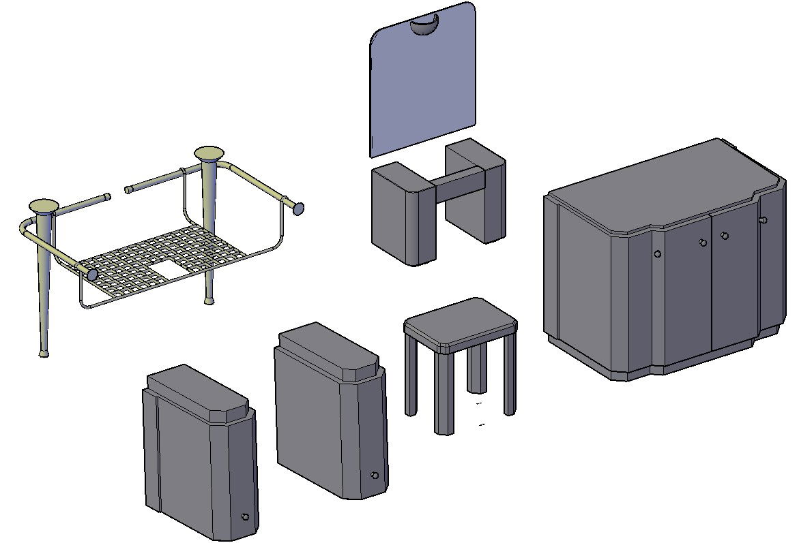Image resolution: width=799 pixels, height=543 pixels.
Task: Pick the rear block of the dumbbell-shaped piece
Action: pyautogui.click(x=478, y=191)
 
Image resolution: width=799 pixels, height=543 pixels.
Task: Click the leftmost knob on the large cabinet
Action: pyautogui.click(x=657, y=254)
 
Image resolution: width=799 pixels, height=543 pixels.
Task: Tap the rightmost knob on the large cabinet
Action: pyautogui.click(x=764, y=220)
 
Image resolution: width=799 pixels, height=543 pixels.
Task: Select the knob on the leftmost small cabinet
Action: pyautogui.click(x=245, y=517)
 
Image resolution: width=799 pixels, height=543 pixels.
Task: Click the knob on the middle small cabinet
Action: pyautogui.click(x=374, y=475)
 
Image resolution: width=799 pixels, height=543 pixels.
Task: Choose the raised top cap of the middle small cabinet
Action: pyautogui.click(x=328, y=351)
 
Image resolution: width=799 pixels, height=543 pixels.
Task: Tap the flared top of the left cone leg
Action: pyautogui.click(x=44, y=205)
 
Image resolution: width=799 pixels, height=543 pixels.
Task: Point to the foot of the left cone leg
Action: pyautogui.click(x=44, y=352)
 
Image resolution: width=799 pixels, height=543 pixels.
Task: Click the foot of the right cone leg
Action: pyautogui.click(x=209, y=300)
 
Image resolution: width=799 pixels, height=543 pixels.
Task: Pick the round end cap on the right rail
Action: pyautogui.click(x=298, y=208)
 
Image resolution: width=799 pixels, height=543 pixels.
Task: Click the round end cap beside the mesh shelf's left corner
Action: pyautogui.click(x=91, y=274)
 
